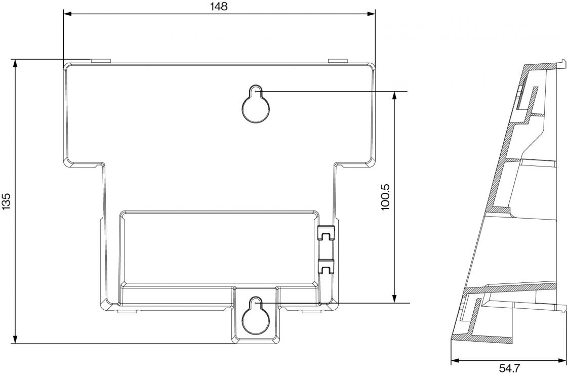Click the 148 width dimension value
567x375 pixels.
coord(219,6)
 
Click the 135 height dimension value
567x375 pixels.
coord(6,201)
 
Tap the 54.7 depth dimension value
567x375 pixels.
coord(509,368)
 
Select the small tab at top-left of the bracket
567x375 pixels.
coord(100,61)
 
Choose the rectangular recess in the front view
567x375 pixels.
coord(218,247)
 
